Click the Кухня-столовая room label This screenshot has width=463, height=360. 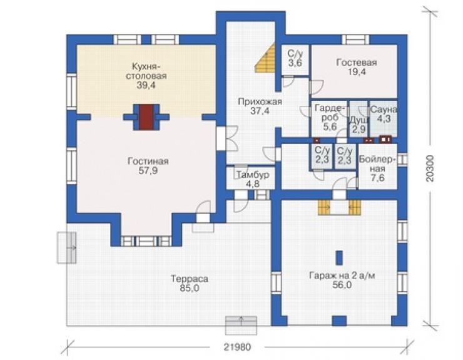pos(146,71)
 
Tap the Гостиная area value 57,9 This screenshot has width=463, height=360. pos(148,171)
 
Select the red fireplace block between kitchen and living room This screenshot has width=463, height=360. pos(146,117)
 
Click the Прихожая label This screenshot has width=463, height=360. pos(260,101)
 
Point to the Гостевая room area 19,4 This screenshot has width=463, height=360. pos(357,72)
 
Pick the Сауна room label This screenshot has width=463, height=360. pos(384,110)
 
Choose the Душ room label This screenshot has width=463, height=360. pos(359,120)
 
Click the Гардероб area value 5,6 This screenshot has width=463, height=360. pos(330,127)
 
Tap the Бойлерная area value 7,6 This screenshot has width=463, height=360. pos(378,178)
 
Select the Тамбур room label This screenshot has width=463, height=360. pos(253,175)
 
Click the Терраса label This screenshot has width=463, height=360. pos(190,279)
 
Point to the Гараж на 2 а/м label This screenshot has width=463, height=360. pos(342,275)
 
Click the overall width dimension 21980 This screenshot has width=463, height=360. pos(237,347)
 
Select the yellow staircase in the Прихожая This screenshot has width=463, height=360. pos(265,58)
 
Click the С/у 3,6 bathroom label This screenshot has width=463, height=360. pos(295,58)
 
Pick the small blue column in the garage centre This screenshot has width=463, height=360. pos(340,258)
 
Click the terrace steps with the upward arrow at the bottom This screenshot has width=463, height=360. pos(241,326)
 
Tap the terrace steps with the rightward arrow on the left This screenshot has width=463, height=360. pos(66,248)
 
